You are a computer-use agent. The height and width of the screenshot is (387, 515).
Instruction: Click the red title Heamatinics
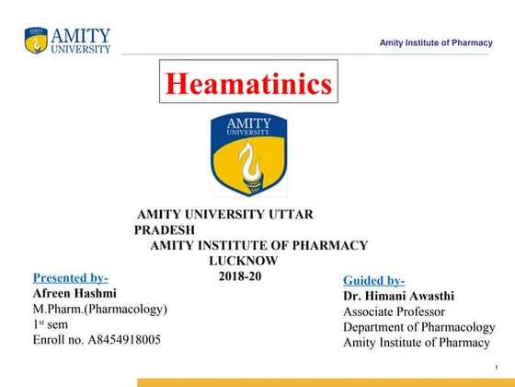point(247,85)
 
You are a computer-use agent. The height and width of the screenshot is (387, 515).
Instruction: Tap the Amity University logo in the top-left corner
point(67,40)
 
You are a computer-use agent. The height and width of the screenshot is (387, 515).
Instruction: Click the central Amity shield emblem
point(248,154)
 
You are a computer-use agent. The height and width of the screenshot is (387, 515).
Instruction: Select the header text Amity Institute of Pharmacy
point(437,43)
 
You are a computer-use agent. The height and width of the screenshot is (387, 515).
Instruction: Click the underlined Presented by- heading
point(71,277)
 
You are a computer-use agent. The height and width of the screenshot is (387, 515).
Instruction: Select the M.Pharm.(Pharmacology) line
point(99,309)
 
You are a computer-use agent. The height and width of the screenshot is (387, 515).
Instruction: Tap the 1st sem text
point(50,324)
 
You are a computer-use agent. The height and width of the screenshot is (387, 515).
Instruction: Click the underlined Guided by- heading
point(374,280)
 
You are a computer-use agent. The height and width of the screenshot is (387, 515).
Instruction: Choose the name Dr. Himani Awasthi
point(398,296)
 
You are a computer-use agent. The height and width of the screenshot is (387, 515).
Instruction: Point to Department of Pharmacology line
point(418,327)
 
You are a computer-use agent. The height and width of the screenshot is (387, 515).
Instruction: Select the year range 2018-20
point(240,276)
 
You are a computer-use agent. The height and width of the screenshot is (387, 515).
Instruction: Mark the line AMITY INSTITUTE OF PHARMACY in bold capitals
point(259,245)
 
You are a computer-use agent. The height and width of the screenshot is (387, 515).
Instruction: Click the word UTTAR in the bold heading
point(294,214)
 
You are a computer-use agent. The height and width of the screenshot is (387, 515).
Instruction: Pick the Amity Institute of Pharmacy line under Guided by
point(417,343)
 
